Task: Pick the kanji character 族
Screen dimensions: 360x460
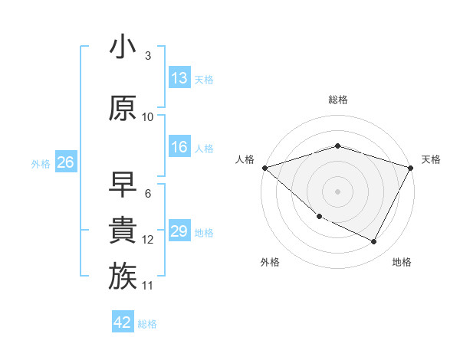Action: pyautogui.click(x=123, y=276)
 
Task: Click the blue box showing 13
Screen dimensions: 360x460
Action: pyautogui.click(x=179, y=78)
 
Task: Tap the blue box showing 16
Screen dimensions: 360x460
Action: pyautogui.click(x=179, y=148)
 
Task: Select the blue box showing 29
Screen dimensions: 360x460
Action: pyautogui.click(x=179, y=232)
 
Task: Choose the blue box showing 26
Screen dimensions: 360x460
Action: pyautogui.click(x=65, y=162)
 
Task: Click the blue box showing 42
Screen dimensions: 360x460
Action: pyautogui.click(x=123, y=322)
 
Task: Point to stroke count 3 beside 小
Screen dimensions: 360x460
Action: pyautogui.click(x=147, y=56)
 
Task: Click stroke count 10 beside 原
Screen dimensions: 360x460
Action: pyautogui.click(x=148, y=117)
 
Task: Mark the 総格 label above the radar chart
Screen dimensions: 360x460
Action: pyautogui.click(x=337, y=100)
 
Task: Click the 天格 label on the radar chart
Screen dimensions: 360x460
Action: pyautogui.click(x=431, y=159)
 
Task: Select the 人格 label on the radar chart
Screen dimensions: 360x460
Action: pyautogui.click(x=245, y=159)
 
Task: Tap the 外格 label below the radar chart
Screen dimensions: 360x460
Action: pyautogui.click(x=269, y=263)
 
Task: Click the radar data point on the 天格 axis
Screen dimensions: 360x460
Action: pyautogui.click(x=411, y=168)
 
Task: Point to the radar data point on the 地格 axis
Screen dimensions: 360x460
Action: pyautogui.click(x=374, y=242)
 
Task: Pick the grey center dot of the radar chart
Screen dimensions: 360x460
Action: pyautogui.click(x=337, y=191)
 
